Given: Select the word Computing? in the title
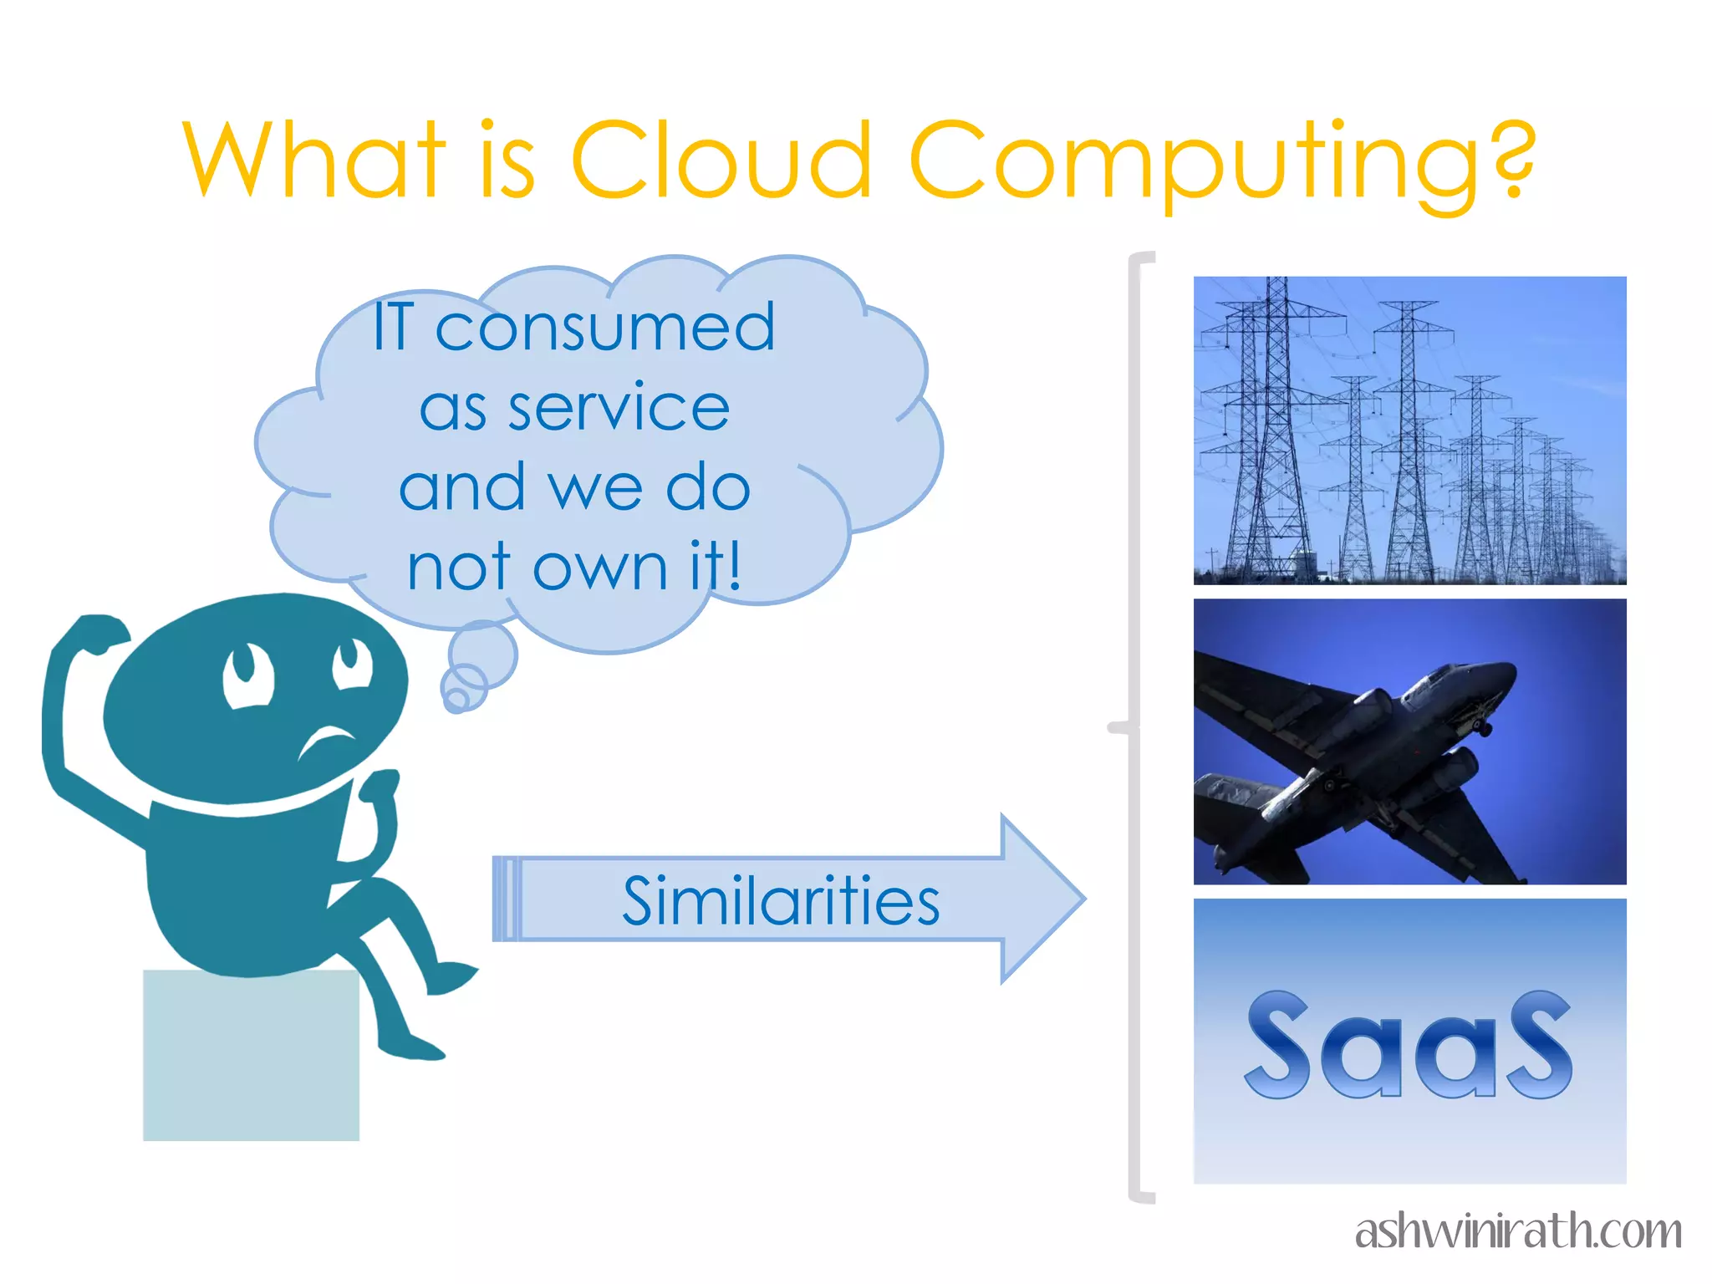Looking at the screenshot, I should pyautogui.click(x=1222, y=163).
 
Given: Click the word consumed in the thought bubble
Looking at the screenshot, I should pyautogui.click(x=605, y=328).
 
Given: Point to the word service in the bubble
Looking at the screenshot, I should pyautogui.click(x=619, y=408).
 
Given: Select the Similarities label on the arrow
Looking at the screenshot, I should pyautogui.click(x=781, y=901).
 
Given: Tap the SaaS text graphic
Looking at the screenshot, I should pyautogui.click(x=1409, y=1045).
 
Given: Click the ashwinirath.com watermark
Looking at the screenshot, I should pyautogui.click(x=1517, y=1231).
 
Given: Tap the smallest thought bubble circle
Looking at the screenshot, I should pyautogui.click(x=456, y=699).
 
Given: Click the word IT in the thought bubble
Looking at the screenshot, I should pyautogui.click(x=393, y=328).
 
